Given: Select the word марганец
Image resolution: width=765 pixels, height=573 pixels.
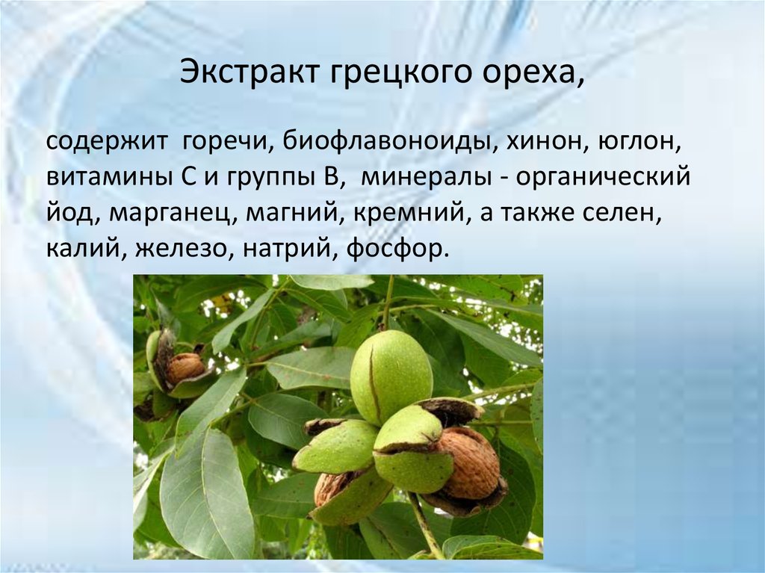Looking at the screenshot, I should click(173, 214).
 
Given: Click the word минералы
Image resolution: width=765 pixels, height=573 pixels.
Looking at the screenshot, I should click(423, 179).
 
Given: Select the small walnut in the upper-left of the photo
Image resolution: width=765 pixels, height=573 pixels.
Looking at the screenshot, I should click(185, 367).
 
